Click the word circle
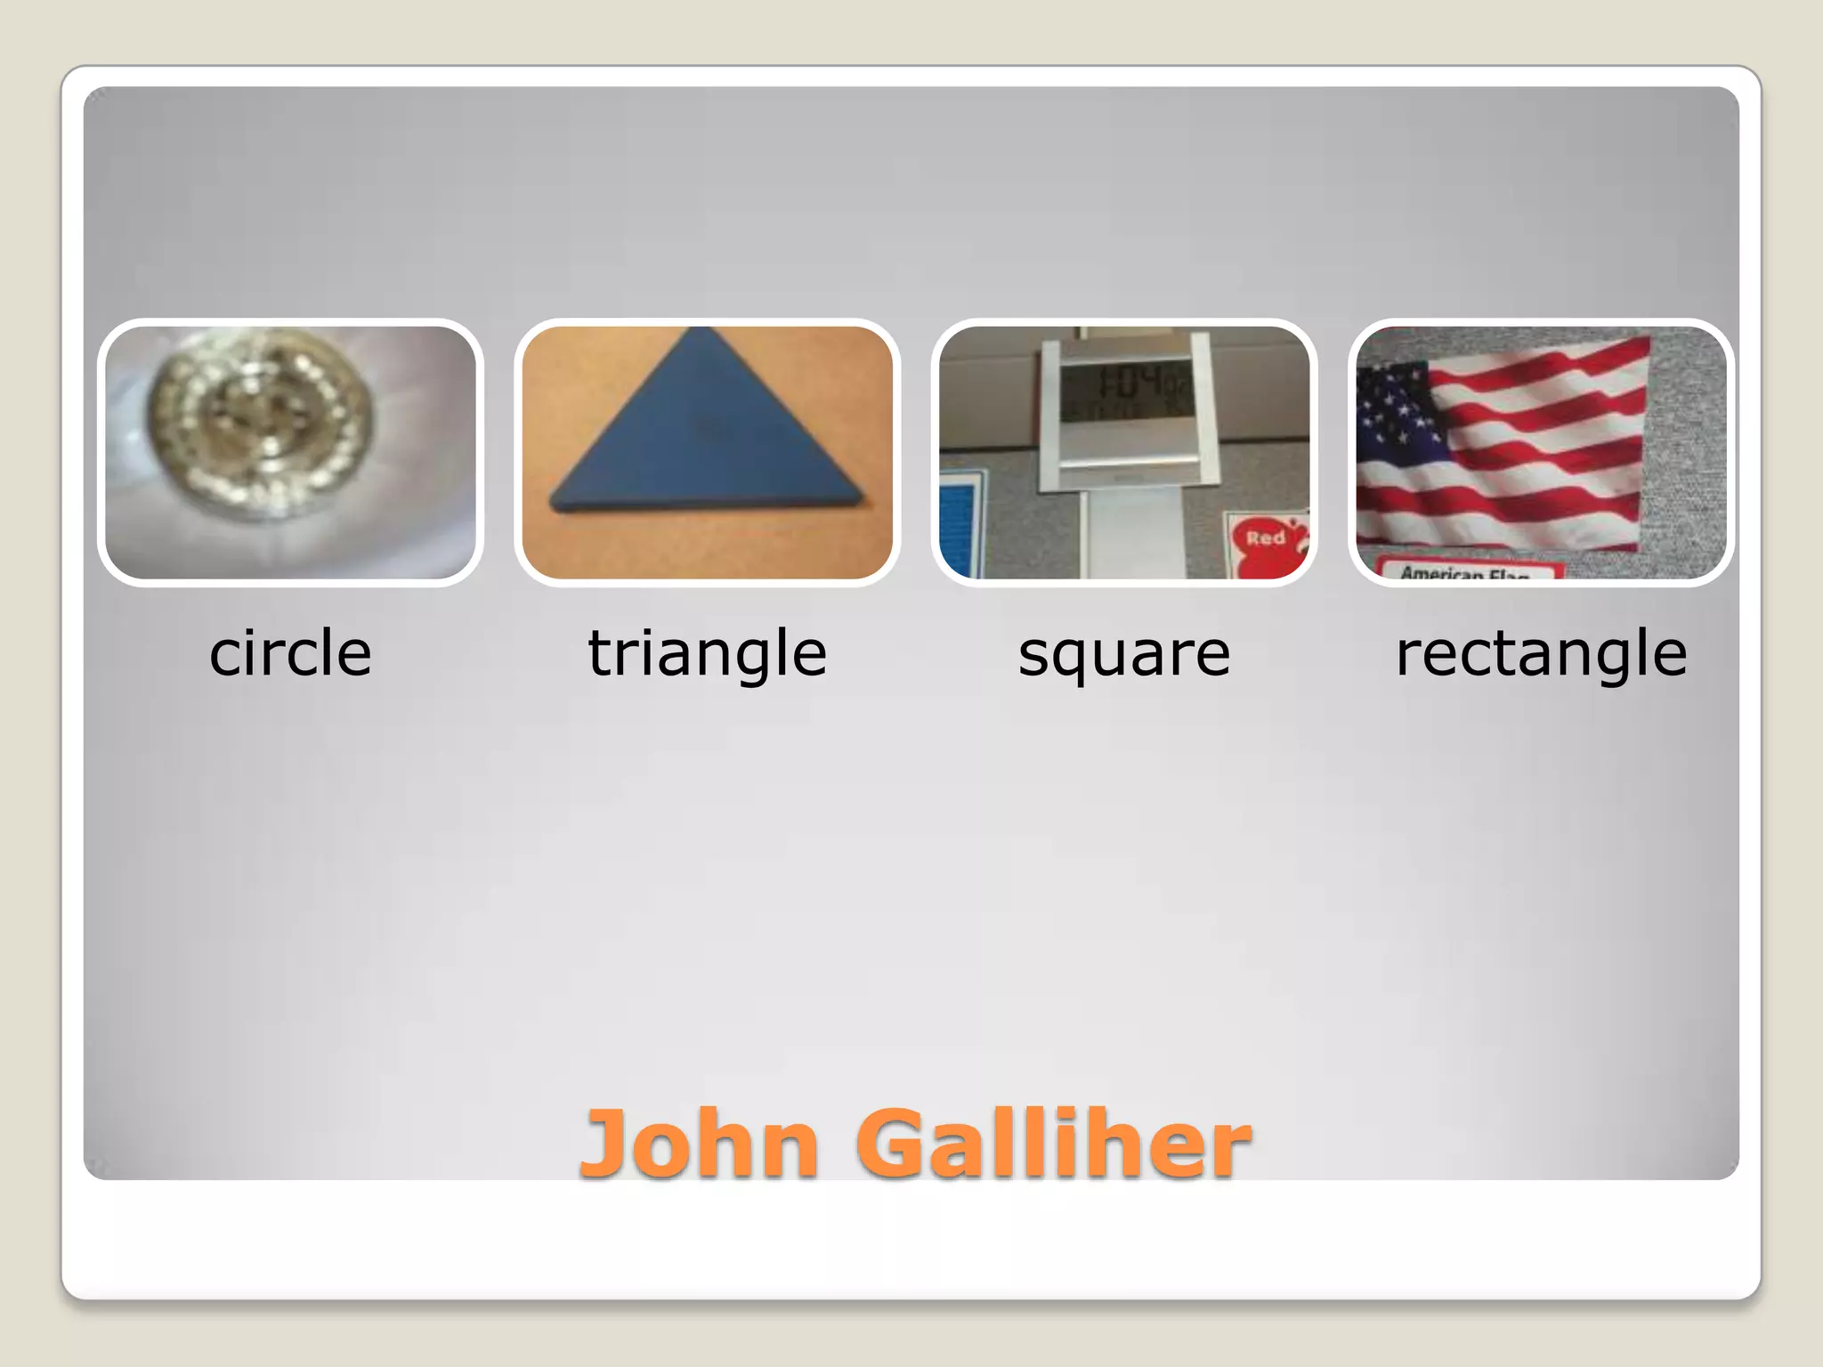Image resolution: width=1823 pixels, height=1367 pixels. [290, 653]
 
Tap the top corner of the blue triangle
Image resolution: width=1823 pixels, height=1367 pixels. [702, 331]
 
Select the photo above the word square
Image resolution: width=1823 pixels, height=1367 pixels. [1124, 452]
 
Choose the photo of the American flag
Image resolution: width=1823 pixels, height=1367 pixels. [1541, 452]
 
